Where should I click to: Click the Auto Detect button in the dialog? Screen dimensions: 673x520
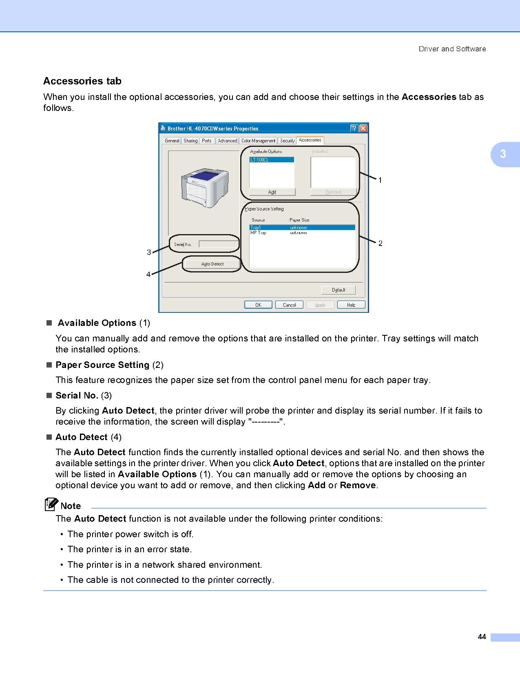coord(212,264)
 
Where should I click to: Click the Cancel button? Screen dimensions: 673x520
coord(289,305)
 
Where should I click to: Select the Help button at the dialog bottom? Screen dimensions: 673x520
coord(351,305)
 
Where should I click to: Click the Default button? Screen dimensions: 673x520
coord(338,290)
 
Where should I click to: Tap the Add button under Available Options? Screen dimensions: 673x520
coord(272,192)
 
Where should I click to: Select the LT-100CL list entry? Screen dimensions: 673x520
coord(271,160)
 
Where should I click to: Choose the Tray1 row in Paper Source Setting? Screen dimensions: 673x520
coord(302,227)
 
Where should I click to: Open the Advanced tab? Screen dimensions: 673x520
coord(227,141)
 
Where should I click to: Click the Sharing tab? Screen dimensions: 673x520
coord(190,141)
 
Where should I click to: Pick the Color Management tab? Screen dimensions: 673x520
coord(258,141)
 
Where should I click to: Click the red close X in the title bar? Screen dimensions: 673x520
coord(363,128)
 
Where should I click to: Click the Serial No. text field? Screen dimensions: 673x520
coord(218,244)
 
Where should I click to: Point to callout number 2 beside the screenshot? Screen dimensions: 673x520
coord(381,244)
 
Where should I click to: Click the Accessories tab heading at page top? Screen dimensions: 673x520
coord(82,81)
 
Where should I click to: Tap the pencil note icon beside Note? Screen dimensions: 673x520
coord(51,505)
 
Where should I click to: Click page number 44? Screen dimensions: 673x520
coord(482,637)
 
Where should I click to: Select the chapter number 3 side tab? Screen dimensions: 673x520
coord(503,154)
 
